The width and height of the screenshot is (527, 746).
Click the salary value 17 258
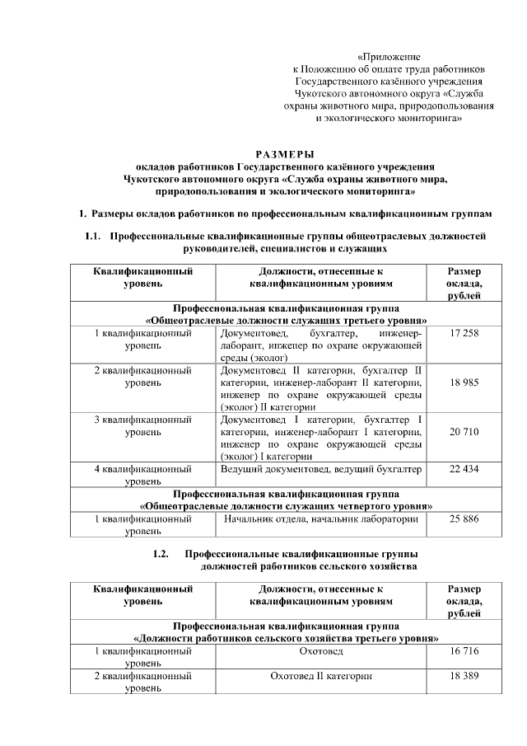[464, 334]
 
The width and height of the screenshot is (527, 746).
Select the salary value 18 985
[464, 382]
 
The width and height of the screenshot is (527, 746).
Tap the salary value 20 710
[464, 431]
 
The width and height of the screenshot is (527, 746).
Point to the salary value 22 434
[464, 469]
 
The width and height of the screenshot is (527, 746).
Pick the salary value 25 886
[464, 519]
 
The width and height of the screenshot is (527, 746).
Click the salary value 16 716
[464, 651]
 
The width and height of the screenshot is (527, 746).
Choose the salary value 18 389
[464, 676]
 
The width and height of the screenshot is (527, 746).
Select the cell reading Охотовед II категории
[321, 676]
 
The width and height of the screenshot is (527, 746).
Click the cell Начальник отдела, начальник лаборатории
[321, 519]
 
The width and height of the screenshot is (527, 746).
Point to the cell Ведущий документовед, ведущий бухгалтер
[321, 469]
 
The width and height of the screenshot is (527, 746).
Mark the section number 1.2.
[161, 553]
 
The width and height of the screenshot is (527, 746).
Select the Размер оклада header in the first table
[464, 284]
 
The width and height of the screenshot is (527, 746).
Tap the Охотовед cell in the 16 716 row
[321, 651]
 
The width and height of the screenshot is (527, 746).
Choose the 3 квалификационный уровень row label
[143, 425]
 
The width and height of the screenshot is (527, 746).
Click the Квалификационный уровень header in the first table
[143, 277]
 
